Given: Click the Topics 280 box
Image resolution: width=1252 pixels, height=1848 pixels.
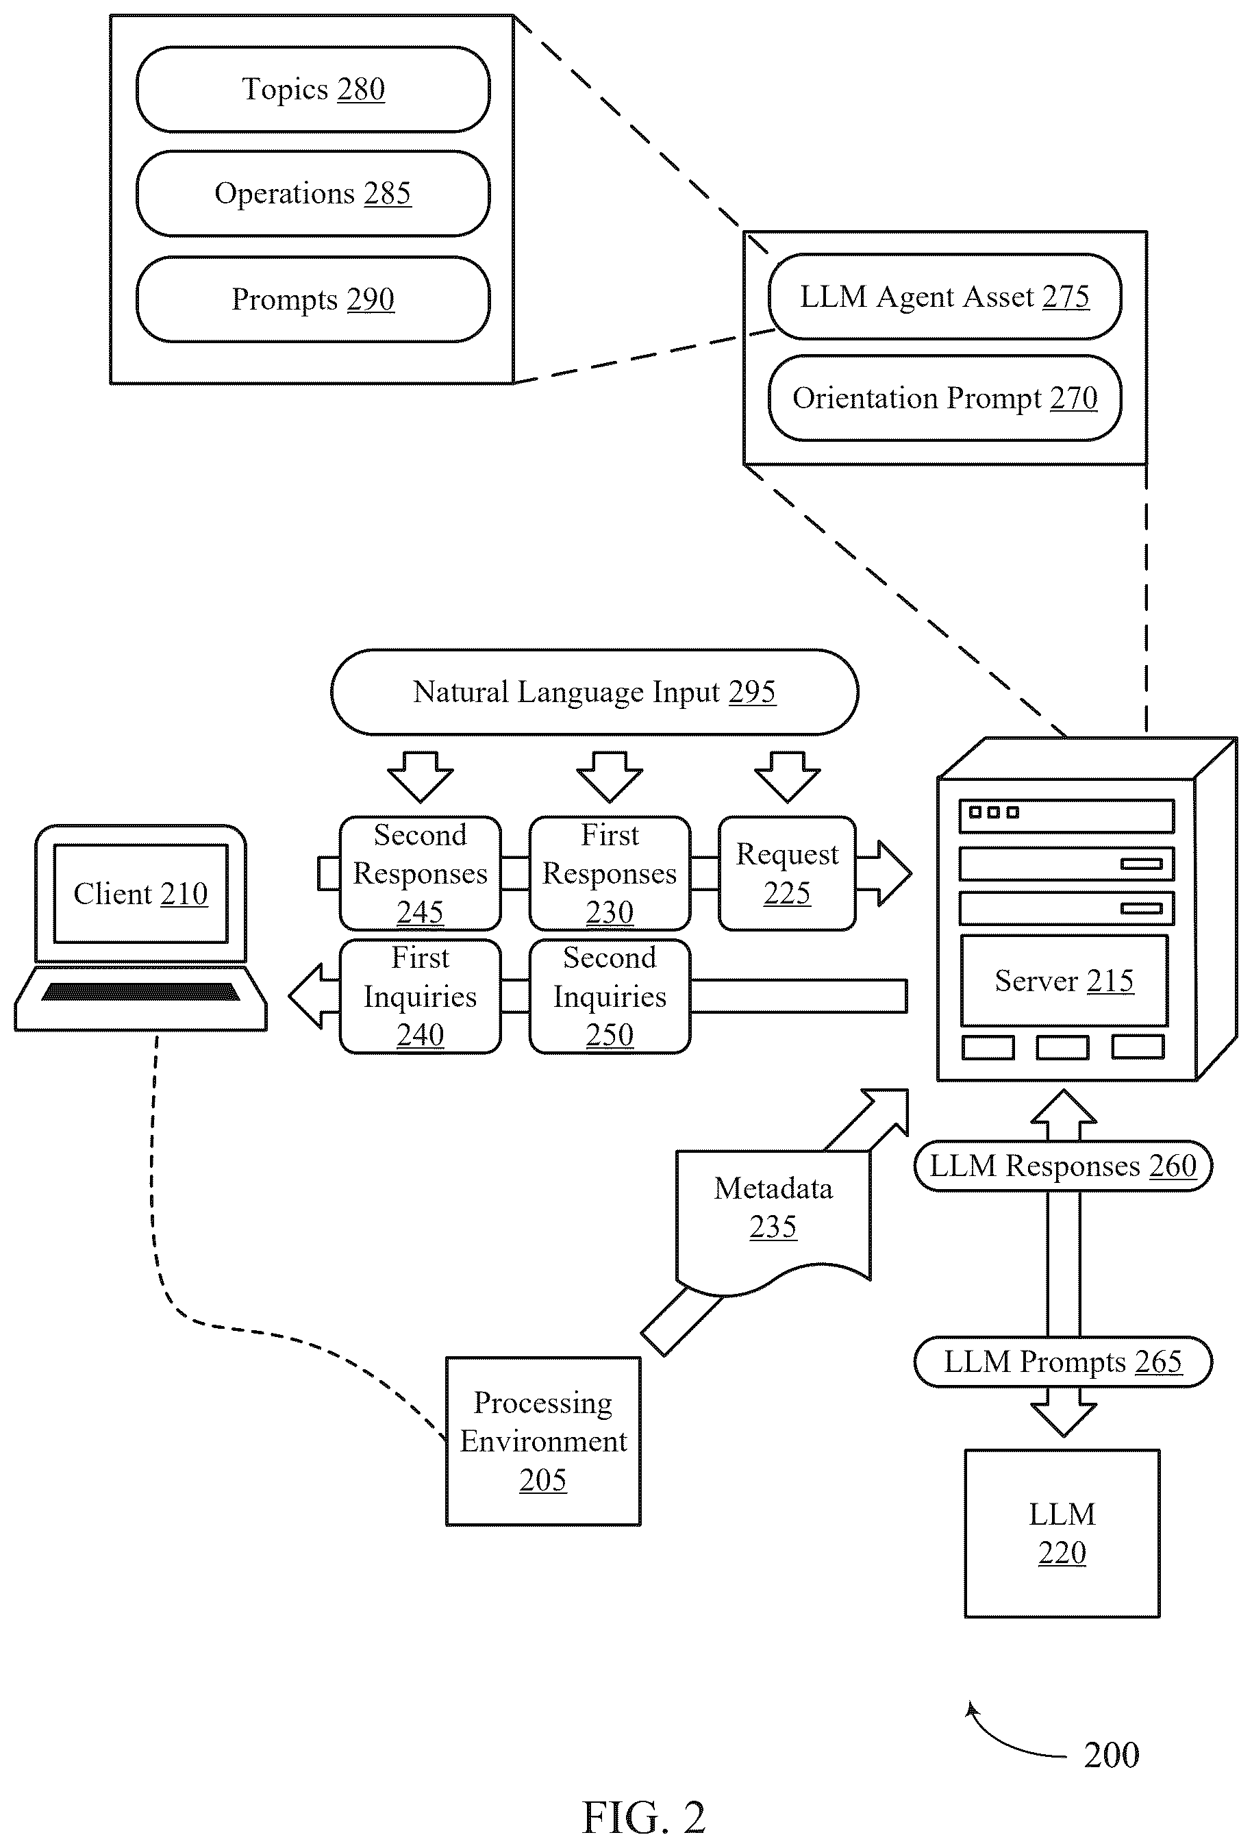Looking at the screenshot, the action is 313,89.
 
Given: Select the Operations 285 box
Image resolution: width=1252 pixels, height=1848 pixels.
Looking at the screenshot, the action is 313,193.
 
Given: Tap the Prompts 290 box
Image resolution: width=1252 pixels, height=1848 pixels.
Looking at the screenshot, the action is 313,299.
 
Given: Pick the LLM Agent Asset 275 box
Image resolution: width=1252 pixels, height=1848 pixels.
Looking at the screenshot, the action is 945,297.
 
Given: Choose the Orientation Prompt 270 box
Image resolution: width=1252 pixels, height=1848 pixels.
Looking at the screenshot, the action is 945,397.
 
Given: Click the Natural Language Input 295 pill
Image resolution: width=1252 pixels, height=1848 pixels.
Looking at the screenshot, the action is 594,692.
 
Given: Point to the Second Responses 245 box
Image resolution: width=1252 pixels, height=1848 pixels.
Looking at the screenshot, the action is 421,873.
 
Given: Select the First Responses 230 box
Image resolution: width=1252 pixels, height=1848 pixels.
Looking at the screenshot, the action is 610,873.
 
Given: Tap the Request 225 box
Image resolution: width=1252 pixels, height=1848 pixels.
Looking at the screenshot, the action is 787,873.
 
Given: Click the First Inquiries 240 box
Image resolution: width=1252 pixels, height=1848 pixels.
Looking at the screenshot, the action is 421,997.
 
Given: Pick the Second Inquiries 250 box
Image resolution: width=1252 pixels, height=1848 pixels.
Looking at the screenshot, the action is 610,997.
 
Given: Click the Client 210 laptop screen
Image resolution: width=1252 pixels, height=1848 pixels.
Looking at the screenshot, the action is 140,894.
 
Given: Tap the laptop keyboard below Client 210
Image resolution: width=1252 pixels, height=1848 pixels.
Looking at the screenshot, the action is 140,992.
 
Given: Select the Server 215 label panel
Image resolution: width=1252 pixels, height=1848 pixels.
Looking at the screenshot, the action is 1064,980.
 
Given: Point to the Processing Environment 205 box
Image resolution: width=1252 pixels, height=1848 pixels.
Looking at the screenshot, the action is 544,1441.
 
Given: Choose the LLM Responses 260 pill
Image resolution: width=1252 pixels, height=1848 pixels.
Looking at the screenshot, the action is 1064,1166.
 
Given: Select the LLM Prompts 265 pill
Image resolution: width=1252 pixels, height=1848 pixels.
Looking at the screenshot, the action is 1064,1362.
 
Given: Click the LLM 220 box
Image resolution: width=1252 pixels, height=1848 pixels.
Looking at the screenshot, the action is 1063,1533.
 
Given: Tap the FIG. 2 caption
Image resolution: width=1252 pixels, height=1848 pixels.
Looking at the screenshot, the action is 644,1817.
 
